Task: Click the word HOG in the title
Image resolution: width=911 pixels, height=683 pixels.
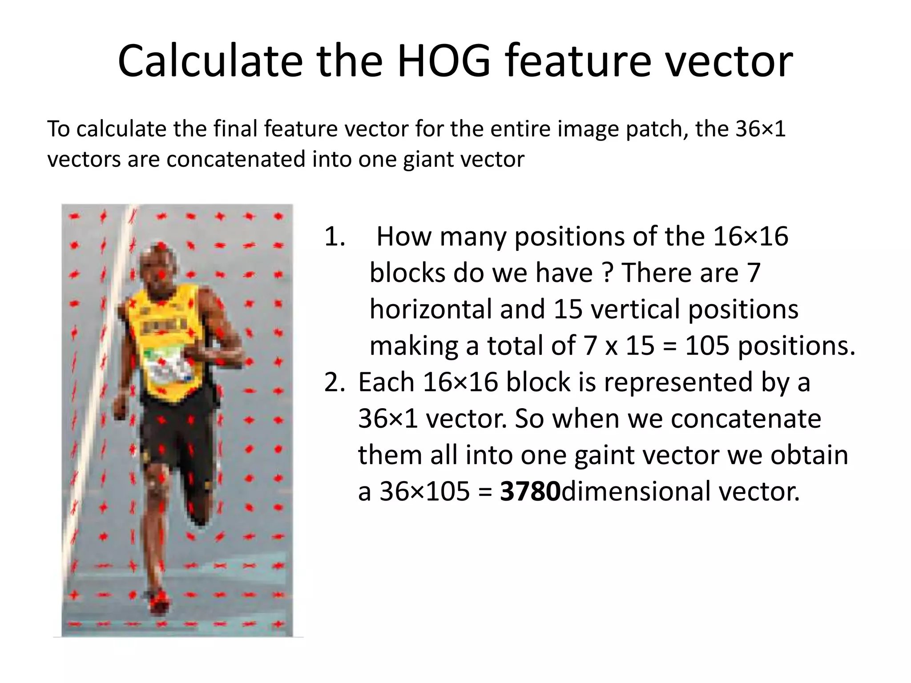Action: (x=444, y=61)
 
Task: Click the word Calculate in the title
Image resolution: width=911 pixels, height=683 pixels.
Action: (x=209, y=61)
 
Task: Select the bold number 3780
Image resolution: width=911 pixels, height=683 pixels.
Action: (x=530, y=492)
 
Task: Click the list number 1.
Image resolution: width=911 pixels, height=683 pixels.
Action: (x=335, y=236)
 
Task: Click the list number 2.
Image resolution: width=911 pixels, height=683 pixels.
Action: (x=335, y=382)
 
